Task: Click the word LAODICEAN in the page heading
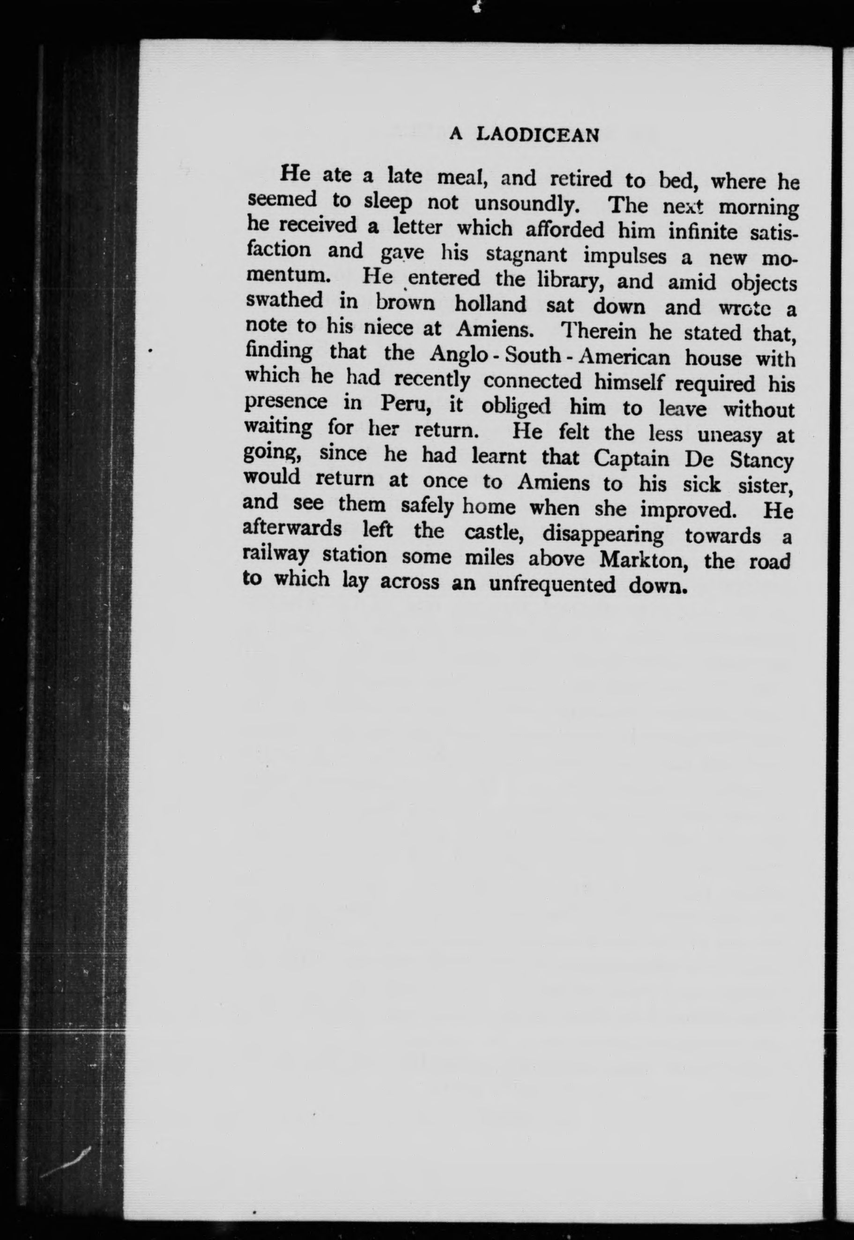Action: pos(537,135)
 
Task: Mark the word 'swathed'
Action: pos(285,300)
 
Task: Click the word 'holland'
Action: pos(490,304)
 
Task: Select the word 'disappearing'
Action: pos(602,534)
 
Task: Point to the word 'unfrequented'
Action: pos(552,584)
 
